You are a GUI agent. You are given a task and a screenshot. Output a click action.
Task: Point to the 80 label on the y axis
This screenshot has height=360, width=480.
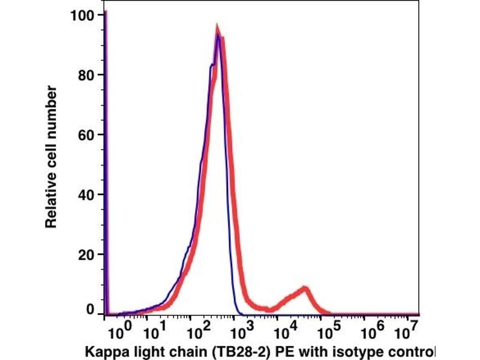pos(88,75)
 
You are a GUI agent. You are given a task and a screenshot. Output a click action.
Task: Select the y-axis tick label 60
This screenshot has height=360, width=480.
pos(88,135)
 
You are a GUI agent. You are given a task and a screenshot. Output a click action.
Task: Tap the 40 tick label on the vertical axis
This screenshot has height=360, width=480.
pos(88,195)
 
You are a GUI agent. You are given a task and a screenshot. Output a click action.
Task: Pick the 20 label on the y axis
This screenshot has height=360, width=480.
pos(88,255)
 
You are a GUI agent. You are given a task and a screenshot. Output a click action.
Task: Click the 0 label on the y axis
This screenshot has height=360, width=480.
pos(91,310)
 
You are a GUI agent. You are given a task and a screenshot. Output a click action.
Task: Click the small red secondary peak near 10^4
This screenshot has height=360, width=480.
pos(305,289)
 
